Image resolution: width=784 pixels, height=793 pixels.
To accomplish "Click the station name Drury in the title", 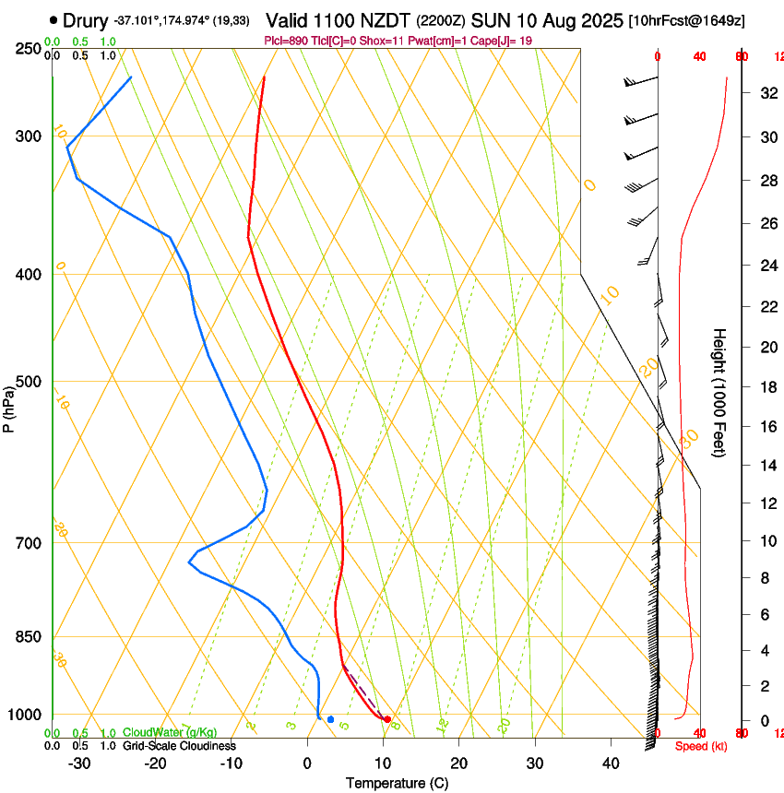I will [x=86, y=19].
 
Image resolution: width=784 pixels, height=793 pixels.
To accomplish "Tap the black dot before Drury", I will [x=53, y=19].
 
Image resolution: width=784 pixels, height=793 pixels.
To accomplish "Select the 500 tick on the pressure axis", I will [x=30, y=382].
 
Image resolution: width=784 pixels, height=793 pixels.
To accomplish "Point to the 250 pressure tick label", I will [x=30, y=49].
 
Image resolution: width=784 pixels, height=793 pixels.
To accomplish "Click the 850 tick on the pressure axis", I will [x=30, y=637].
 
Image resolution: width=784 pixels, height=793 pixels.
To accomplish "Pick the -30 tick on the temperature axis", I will [x=79, y=763].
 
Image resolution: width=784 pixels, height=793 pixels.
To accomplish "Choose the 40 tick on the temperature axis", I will [x=610, y=763].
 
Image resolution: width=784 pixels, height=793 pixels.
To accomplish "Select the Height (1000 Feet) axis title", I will [x=719, y=392].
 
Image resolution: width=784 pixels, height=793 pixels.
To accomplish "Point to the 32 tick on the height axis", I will [x=766, y=92].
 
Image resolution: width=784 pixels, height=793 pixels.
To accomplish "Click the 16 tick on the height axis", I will [x=766, y=426].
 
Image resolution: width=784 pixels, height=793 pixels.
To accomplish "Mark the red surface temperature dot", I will [x=387, y=719].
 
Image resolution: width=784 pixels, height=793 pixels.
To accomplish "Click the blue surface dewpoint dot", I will [x=330, y=719].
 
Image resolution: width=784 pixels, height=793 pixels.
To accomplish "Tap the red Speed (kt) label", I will [x=701, y=746].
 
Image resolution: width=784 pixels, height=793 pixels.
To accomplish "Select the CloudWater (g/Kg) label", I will [x=157, y=733].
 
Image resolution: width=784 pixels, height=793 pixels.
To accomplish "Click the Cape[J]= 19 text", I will [x=502, y=41].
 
